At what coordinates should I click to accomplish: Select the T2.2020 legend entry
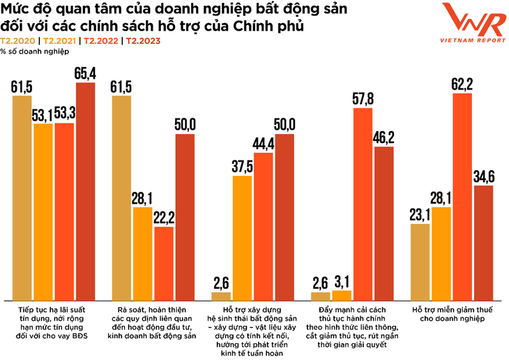[x=20, y=40]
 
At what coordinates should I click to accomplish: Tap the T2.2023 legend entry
[x=144, y=40]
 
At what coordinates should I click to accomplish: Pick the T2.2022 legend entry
[x=102, y=40]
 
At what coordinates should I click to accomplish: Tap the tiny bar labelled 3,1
[x=342, y=294]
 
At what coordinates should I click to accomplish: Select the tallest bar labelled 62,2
[x=462, y=195]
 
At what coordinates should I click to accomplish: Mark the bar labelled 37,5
[x=243, y=237]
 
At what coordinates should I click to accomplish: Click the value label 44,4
[x=264, y=144]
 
